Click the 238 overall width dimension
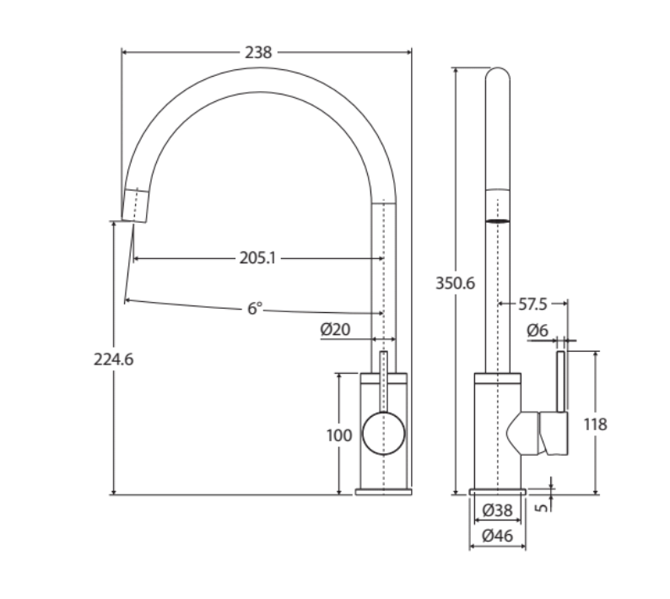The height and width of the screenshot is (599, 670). (x=258, y=52)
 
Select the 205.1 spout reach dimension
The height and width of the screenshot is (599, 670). (x=257, y=258)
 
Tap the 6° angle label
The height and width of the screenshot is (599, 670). (x=255, y=309)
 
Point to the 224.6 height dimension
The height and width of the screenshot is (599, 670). (x=113, y=359)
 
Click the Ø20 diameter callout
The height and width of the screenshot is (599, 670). (x=335, y=330)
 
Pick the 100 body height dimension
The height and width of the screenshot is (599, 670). (x=338, y=435)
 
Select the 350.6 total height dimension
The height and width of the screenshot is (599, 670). (x=455, y=283)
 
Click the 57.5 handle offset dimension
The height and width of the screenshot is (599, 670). (x=532, y=303)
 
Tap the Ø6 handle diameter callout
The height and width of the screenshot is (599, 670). (x=538, y=332)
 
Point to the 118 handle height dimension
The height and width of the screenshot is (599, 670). (x=595, y=424)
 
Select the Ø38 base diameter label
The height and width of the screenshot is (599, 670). (x=498, y=510)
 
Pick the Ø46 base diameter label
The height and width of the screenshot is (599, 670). (x=498, y=535)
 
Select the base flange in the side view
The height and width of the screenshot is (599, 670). (x=498, y=491)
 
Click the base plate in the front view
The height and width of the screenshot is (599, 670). (x=383, y=491)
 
